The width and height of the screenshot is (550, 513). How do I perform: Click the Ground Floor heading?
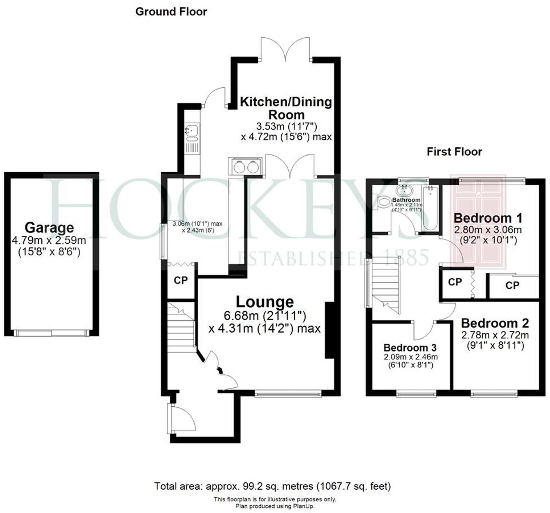tap(171, 12)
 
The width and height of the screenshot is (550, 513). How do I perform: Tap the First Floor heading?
tap(454, 152)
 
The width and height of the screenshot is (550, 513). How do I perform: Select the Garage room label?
tap(49, 228)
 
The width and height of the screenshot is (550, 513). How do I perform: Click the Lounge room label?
tap(265, 302)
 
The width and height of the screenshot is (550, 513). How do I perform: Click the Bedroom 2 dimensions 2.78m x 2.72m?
tap(495, 335)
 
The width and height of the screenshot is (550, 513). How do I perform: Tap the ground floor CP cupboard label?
tap(180, 280)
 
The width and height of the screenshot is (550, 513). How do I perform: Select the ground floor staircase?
tap(181, 326)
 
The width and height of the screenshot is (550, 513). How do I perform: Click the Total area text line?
tap(272, 486)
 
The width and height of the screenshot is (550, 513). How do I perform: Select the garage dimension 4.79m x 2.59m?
tap(49, 240)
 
